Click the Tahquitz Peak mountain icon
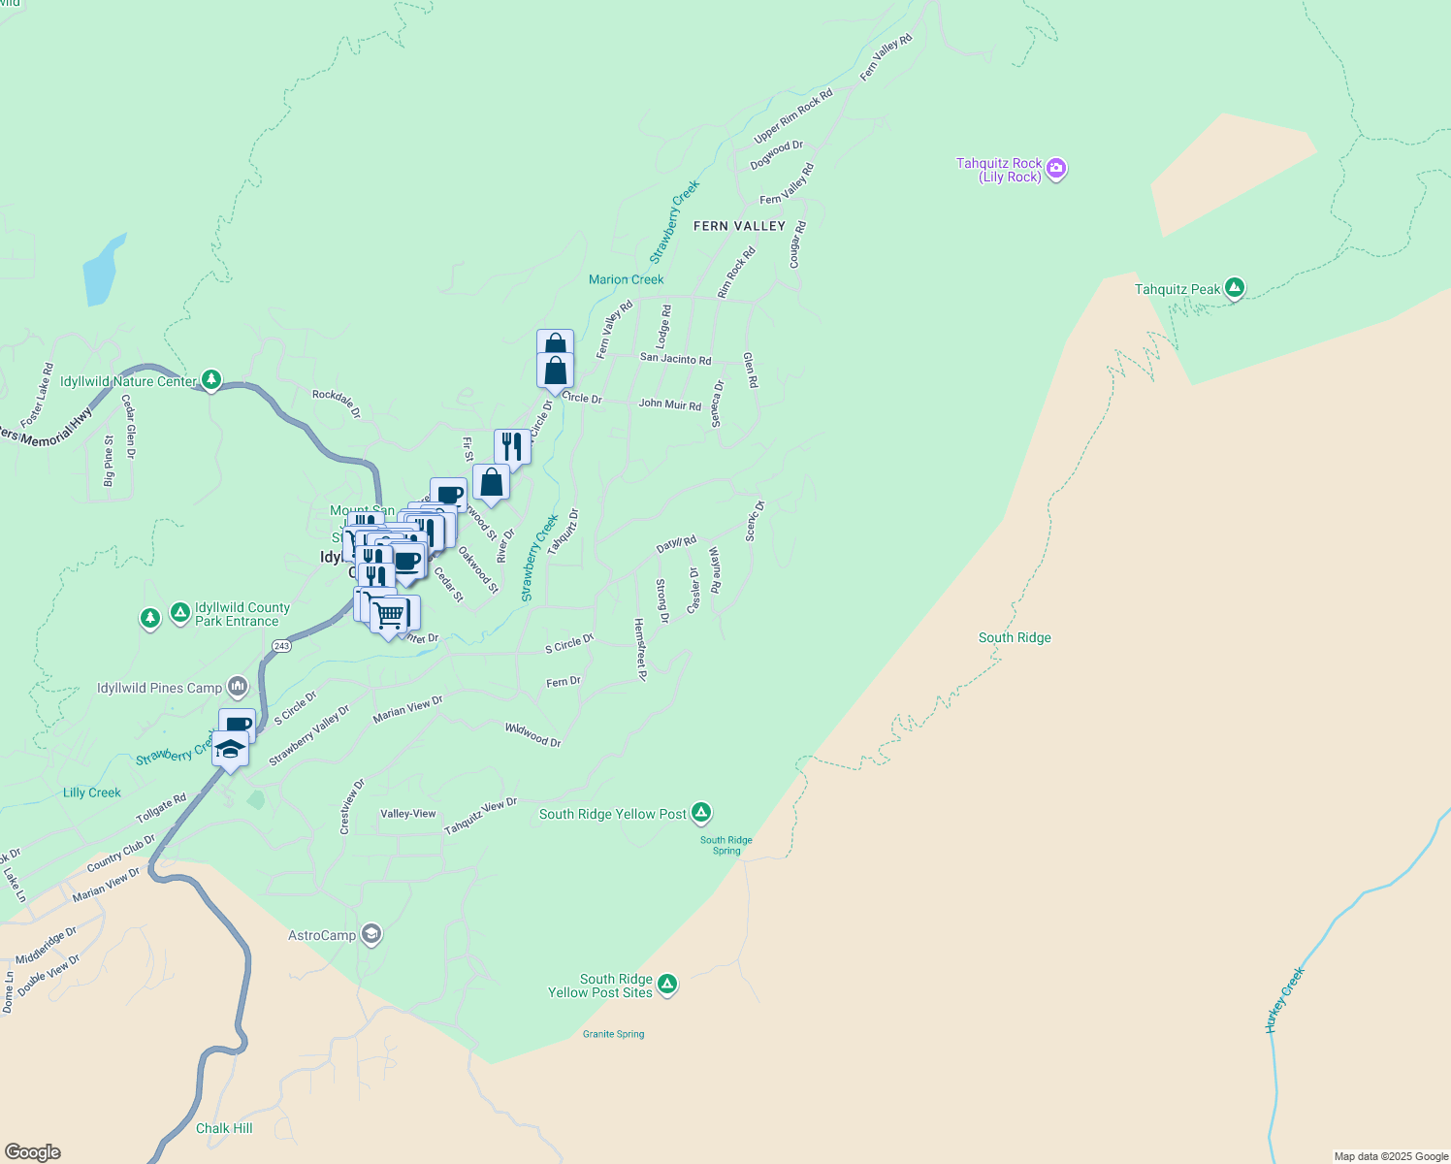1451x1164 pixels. click(x=1234, y=288)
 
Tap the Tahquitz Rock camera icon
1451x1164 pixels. click(x=1056, y=170)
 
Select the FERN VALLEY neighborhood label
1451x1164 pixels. click(x=739, y=226)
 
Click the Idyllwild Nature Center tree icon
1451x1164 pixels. click(x=210, y=380)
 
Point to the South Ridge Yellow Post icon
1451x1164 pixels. click(x=701, y=813)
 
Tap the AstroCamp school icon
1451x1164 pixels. click(x=371, y=934)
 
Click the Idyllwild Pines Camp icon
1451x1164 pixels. click(x=238, y=688)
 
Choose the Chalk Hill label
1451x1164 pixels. click(x=224, y=1128)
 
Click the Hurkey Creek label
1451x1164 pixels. click(x=1285, y=1000)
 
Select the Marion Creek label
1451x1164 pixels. click(x=626, y=279)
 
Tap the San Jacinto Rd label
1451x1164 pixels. click(x=675, y=359)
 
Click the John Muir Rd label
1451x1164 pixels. click(x=669, y=404)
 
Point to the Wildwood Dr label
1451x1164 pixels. click(x=532, y=734)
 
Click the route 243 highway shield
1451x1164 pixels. click(x=281, y=646)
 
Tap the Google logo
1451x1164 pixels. click(x=32, y=1152)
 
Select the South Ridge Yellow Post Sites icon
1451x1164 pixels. click(x=666, y=985)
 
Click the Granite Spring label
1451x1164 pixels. click(x=613, y=1034)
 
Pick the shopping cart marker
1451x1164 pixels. click(x=389, y=614)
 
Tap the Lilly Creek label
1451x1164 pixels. click(x=92, y=792)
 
